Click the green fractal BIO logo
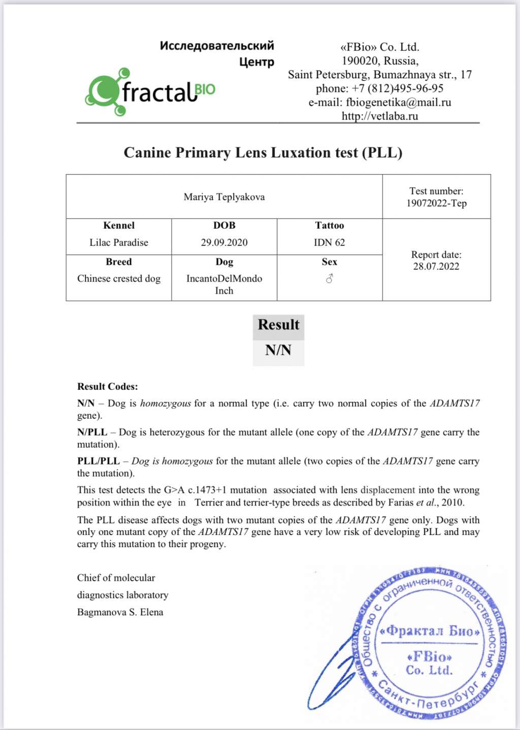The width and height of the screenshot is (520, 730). [150, 91]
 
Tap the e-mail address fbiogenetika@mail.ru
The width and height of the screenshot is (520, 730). [398, 102]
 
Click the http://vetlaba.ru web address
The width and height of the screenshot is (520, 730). [380, 116]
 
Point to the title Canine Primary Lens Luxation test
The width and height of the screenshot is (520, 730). [263, 153]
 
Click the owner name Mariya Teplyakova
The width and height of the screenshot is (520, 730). [224, 197]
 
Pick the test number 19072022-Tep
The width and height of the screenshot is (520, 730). [436, 203]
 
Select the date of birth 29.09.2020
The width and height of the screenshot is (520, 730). [224, 242]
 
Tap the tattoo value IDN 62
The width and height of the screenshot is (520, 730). [329, 242]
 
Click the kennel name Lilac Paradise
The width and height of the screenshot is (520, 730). [119, 242]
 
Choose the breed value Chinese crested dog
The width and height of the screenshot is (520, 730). [119, 278]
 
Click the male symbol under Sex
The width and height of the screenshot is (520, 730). [330, 278]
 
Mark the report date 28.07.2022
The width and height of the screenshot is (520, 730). [436, 266]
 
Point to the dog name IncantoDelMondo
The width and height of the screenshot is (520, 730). [224, 278]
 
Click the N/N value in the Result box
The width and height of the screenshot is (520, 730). [278, 350]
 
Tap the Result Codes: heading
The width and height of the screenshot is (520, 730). [108, 386]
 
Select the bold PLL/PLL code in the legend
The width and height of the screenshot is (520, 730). [99, 461]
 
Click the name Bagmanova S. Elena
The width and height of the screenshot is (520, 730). [120, 612]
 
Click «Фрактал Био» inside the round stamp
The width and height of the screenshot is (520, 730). [430, 631]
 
